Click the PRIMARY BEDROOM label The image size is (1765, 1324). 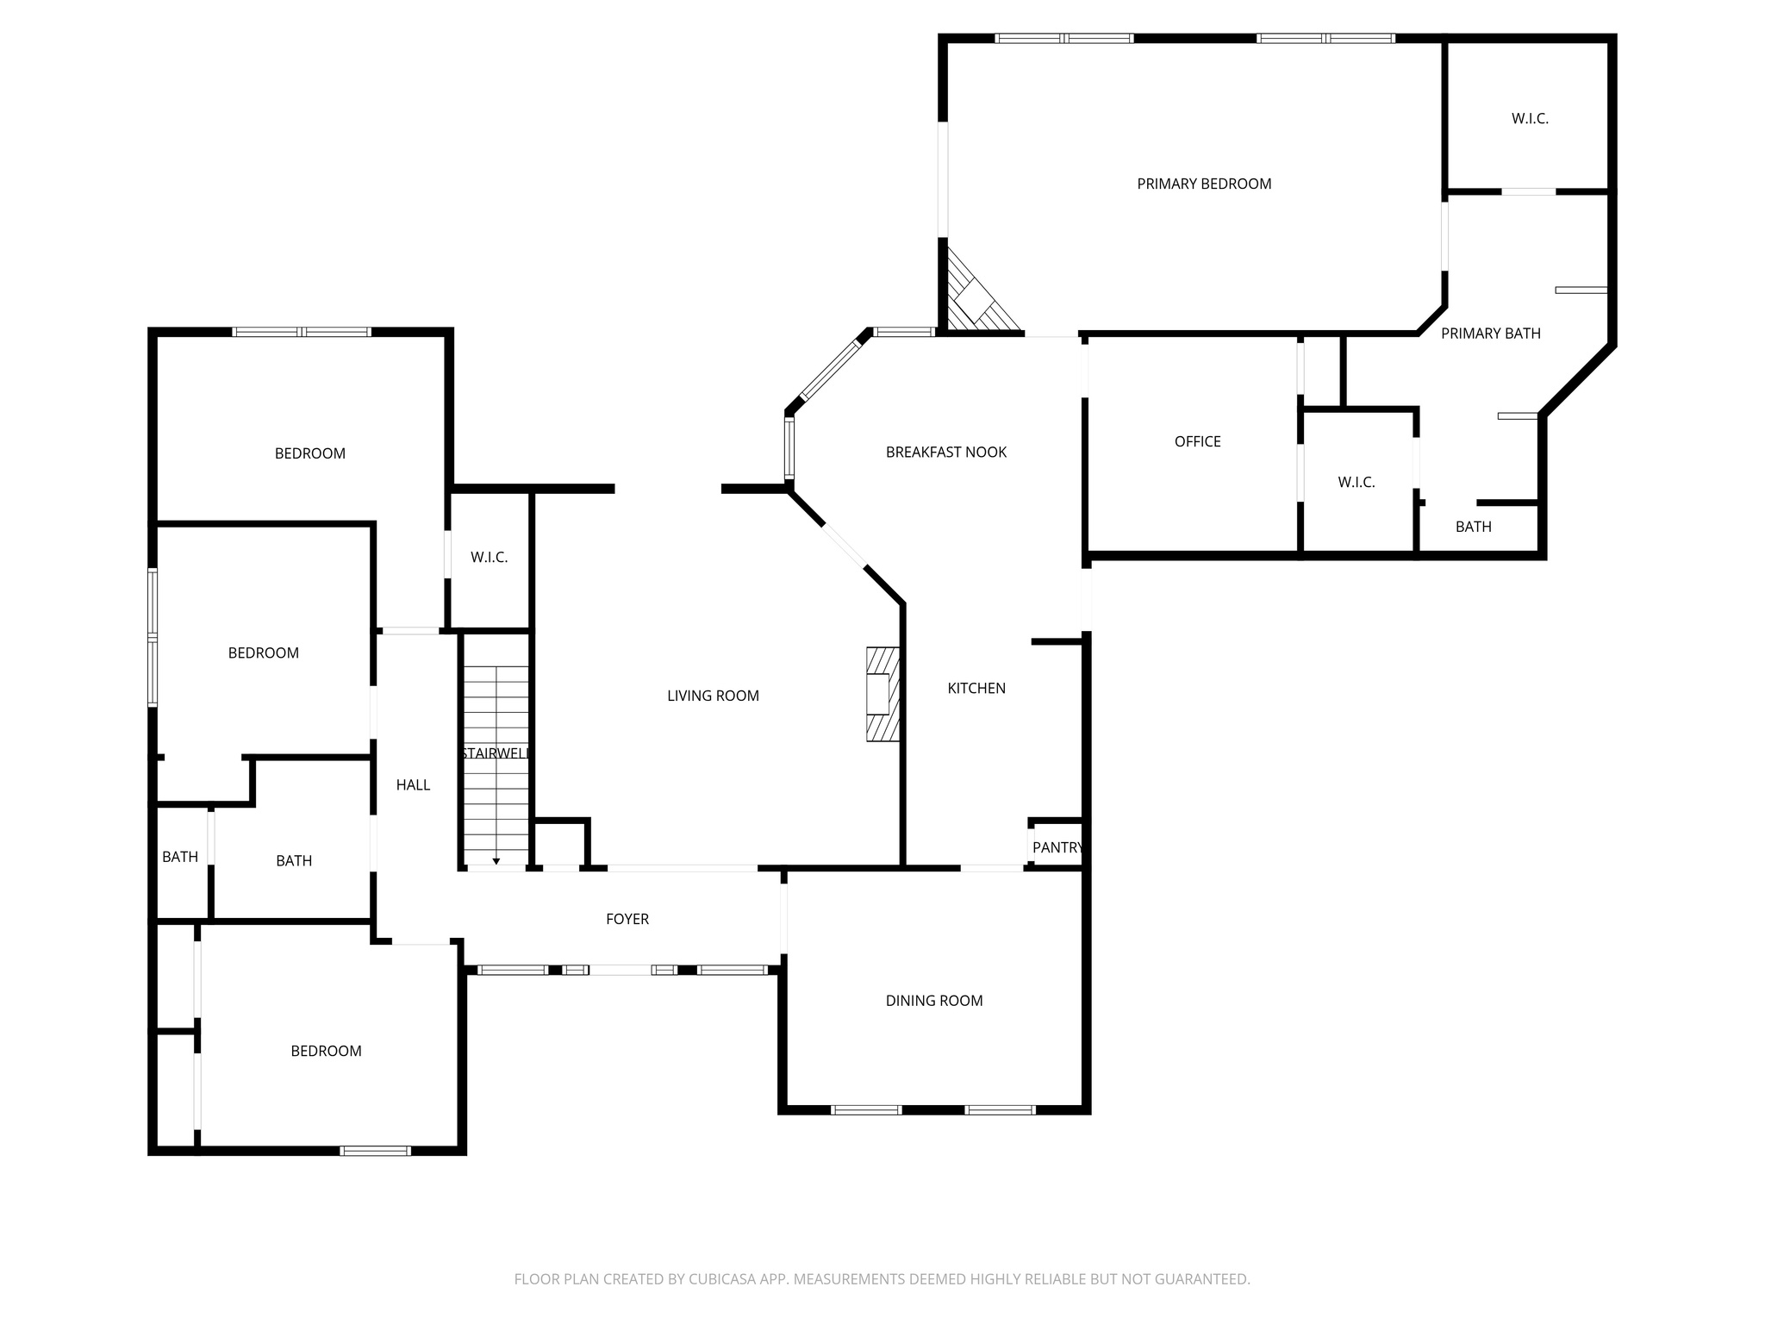[1204, 184]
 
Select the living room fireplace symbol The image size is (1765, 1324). [882, 694]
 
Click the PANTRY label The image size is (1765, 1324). [1057, 847]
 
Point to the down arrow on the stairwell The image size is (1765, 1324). [496, 860]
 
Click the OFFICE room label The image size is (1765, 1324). [1197, 441]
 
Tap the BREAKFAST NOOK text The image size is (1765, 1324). [945, 452]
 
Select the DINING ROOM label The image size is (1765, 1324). [933, 1001]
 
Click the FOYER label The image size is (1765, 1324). [627, 919]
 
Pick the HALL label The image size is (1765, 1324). [413, 784]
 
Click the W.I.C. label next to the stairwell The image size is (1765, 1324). [489, 558]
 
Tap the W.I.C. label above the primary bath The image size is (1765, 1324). [1530, 119]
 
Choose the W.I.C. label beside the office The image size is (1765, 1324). [1356, 482]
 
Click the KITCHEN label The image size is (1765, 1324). [976, 688]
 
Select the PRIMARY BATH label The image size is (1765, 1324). [1490, 334]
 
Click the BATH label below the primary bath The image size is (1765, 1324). [1473, 527]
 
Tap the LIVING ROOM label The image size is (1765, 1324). [713, 696]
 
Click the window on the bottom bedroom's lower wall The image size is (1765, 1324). [375, 1150]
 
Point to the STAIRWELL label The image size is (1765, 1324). [495, 753]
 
